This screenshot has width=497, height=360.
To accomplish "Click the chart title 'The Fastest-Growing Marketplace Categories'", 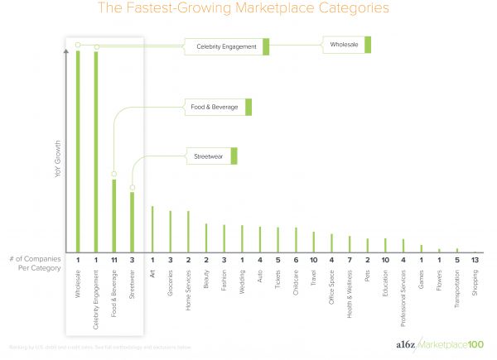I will coord(248,10).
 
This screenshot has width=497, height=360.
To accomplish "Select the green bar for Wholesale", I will coord(78,149).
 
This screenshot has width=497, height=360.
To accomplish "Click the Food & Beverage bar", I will coord(114,215).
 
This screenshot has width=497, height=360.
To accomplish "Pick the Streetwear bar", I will coord(133,222).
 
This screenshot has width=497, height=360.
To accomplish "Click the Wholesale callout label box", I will coord(345,45).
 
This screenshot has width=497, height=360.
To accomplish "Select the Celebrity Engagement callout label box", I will coord(227,46).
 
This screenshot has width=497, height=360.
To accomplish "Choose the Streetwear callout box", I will coord(210,155).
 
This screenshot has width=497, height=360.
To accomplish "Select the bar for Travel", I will coord(314,242).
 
